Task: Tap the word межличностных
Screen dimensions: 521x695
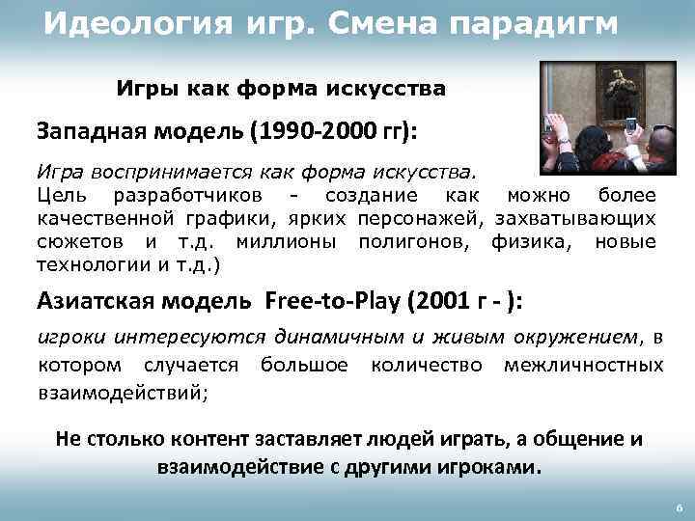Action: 583,365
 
